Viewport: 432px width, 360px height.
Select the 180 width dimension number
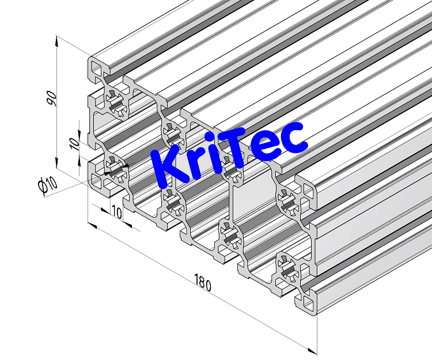(202, 283)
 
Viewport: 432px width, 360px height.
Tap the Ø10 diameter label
(47, 184)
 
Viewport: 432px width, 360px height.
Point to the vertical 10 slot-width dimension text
(73, 143)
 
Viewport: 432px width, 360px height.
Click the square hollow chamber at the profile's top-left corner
(96, 69)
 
